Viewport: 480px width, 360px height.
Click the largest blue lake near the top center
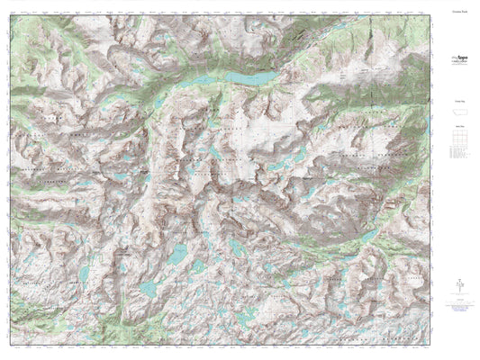pyautogui.click(x=249, y=79)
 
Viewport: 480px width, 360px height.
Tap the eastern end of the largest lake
pyautogui.click(x=267, y=77)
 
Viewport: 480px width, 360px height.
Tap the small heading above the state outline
pyautogui.click(x=459, y=104)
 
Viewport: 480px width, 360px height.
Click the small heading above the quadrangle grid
pyautogui.click(x=459, y=129)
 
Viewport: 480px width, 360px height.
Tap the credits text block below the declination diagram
pyautogui.click(x=459, y=306)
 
